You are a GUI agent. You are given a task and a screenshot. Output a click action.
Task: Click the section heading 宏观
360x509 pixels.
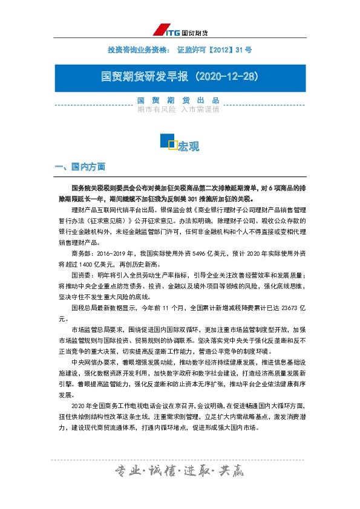[189, 146]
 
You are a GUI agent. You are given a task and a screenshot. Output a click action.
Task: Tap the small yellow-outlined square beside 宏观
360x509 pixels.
[172, 144]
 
